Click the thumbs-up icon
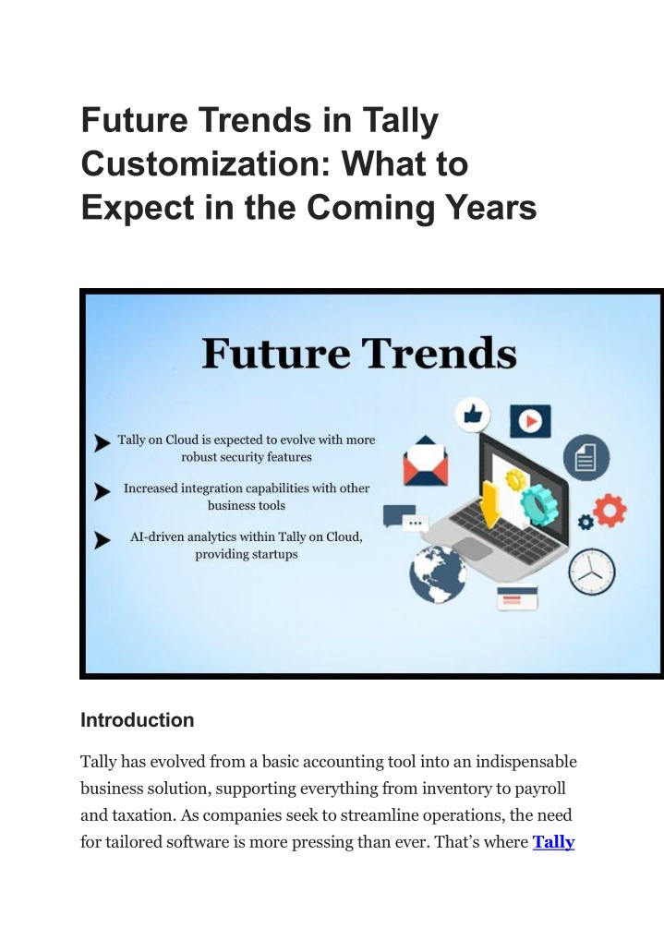coord(473,415)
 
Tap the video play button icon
coord(530,421)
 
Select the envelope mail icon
coord(425,461)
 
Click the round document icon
coord(586,457)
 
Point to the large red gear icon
coord(610,510)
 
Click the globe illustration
coord(438,573)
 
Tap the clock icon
coord(592,572)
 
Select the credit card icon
coord(517,597)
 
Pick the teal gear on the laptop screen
coord(538,505)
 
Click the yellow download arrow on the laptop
coord(491,505)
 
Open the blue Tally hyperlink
coord(553,842)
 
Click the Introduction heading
coord(138,720)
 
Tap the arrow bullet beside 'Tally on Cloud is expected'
coord(102,443)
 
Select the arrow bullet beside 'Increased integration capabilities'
coord(102,491)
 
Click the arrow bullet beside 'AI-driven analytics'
coord(102,540)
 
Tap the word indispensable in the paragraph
coord(526,762)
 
